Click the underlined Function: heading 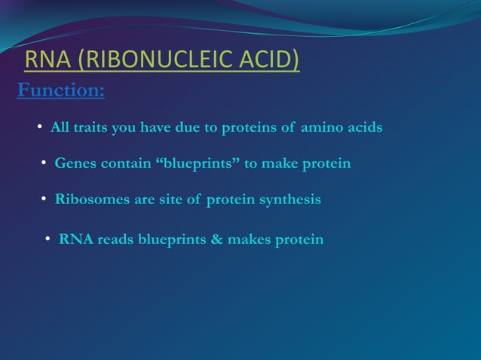pyautogui.click(x=60, y=91)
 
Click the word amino pyautogui.click(x=323, y=128)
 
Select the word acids pyautogui.click(x=365, y=128)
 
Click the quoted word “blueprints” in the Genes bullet pyautogui.click(x=199, y=163)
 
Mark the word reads pyautogui.click(x=115, y=240)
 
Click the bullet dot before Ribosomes pyautogui.click(x=45, y=200)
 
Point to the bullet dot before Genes pyautogui.click(x=45, y=163)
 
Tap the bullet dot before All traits pyautogui.click(x=41, y=128)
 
